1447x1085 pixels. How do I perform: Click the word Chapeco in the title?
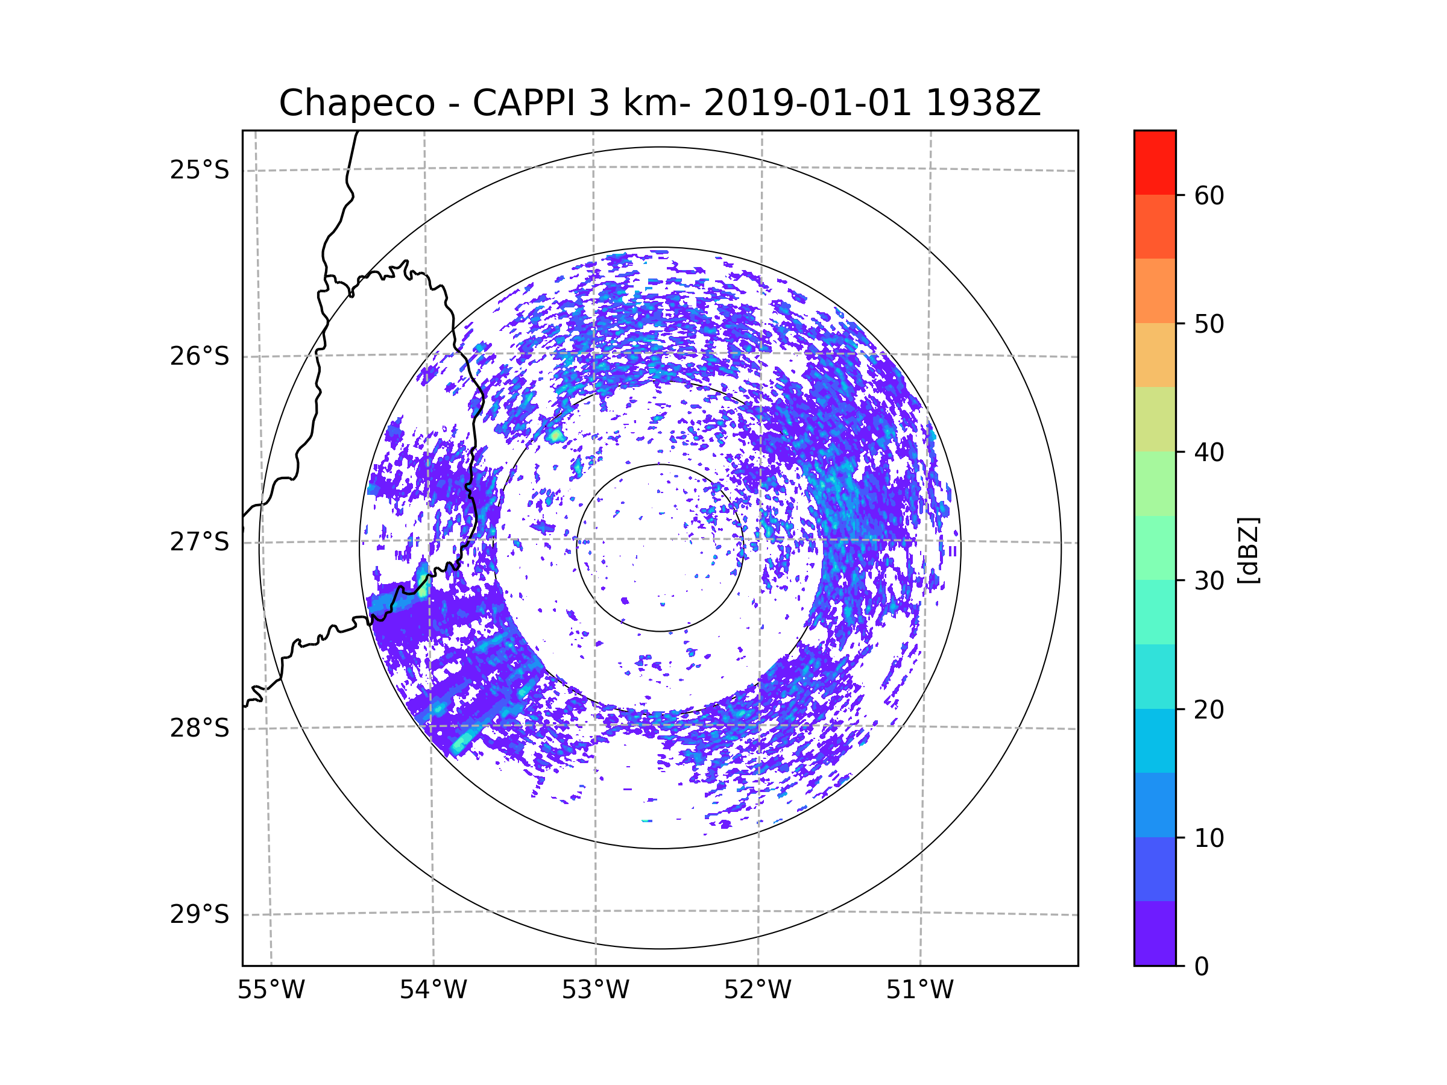(356, 103)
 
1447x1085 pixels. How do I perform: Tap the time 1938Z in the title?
(983, 103)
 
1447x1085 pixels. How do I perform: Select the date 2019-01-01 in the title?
(807, 103)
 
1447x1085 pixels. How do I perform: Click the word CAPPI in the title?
(523, 103)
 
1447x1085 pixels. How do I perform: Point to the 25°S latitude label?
(200, 170)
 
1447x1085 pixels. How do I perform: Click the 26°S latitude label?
(200, 356)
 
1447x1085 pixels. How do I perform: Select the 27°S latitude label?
(200, 542)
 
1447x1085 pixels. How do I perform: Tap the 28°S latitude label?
(200, 728)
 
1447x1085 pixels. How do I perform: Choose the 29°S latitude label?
(200, 914)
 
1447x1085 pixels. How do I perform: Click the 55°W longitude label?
(271, 990)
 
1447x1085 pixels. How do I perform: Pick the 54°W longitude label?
(433, 990)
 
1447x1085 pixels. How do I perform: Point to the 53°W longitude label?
(595, 990)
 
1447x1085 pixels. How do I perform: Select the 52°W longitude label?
(757, 990)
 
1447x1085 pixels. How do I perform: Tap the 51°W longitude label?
(919, 990)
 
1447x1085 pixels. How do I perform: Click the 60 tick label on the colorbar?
(1209, 195)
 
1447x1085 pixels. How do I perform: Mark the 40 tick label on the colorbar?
(1209, 453)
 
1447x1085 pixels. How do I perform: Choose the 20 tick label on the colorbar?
(1209, 709)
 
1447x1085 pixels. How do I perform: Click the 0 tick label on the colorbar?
(1202, 967)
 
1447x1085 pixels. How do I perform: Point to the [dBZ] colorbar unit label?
(1248, 550)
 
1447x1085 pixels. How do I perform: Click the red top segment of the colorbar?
(1155, 162)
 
